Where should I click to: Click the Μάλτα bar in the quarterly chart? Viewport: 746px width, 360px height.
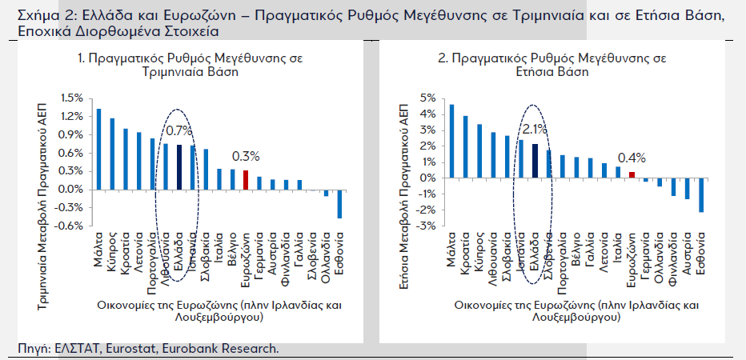[x=98, y=149]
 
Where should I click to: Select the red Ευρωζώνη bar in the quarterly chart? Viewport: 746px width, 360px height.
[x=246, y=180]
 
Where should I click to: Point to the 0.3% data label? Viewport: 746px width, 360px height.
[x=246, y=156]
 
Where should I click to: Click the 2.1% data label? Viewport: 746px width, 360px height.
[x=534, y=129]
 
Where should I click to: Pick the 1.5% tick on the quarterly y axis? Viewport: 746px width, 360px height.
[x=72, y=98]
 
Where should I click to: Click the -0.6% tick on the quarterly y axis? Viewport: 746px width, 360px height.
[x=70, y=226]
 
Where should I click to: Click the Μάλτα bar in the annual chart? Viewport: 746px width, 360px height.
[x=451, y=142]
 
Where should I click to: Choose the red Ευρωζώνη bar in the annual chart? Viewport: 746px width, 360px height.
[x=632, y=174]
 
